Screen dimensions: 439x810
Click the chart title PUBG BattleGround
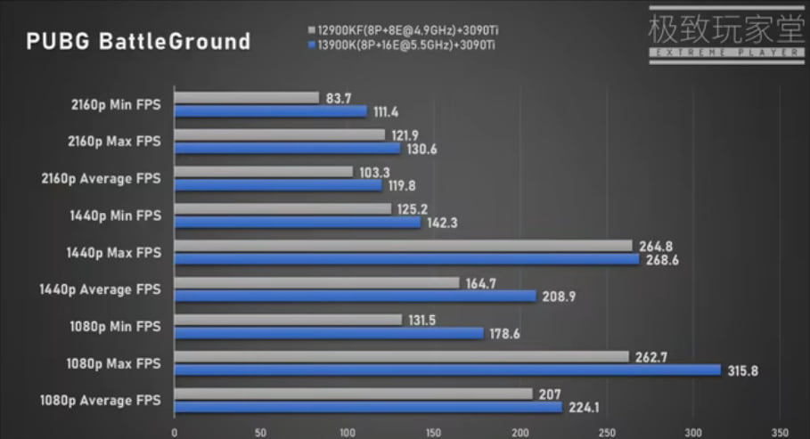coord(138,42)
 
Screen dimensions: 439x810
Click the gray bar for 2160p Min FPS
coord(247,98)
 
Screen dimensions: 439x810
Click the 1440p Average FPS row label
coord(100,289)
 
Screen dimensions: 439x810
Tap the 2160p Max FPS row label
coord(112,142)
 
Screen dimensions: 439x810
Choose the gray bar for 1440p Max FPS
coord(403,246)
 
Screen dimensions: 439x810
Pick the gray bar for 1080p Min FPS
coord(288,320)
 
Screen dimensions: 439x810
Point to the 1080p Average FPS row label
coord(100,401)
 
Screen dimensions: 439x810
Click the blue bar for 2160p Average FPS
coord(278,185)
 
